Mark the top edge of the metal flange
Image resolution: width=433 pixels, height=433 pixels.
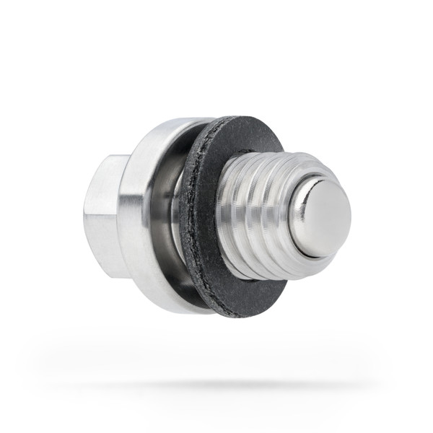point(173,124)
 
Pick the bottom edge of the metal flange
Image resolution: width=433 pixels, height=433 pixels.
point(173,307)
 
